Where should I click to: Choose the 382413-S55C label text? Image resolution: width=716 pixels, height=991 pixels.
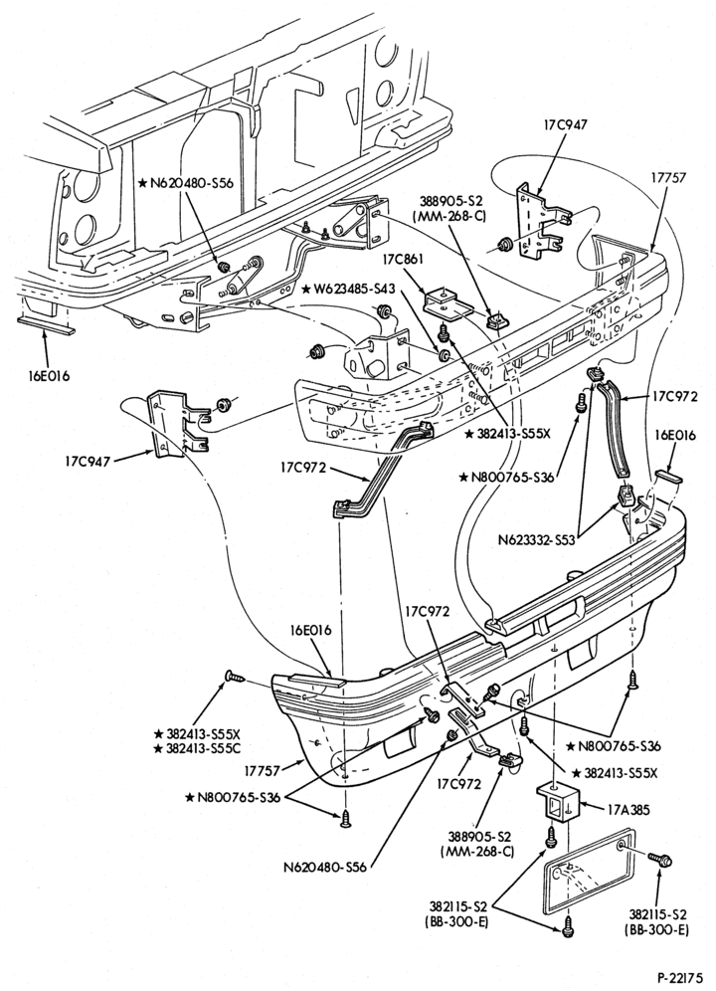click(x=198, y=748)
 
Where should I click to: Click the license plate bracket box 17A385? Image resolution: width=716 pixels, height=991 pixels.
click(x=558, y=801)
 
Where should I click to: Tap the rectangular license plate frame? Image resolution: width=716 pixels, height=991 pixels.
click(x=589, y=873)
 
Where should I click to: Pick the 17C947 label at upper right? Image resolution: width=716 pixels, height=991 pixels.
click(x=565, y=124)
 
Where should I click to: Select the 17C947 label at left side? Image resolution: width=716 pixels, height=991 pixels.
click(x=86, y=462)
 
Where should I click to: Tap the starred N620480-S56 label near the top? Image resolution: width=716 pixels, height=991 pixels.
click(x=186, y=183)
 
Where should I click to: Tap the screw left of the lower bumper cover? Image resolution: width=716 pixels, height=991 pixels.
click(x=235, y=677)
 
